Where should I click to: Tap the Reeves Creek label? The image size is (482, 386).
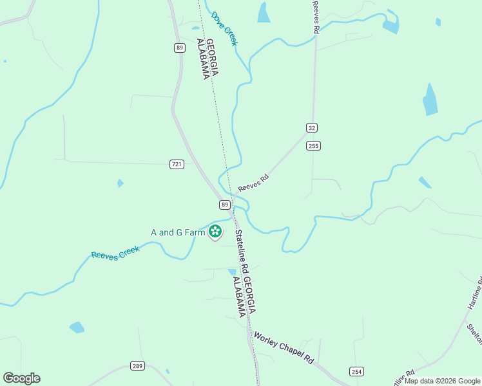coord(115,252)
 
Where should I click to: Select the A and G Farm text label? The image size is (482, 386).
coord(173,232)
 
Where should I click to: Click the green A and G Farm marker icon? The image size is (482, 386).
coord(215,231)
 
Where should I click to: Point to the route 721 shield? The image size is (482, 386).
coord(177,164)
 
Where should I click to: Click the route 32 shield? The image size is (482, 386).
coord(312,127)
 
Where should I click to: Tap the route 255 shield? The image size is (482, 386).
coord(314,146)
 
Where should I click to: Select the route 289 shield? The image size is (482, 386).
coord(137,365)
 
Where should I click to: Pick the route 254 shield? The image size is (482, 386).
coord(356,371)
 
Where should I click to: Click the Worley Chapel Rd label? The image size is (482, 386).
coord(283,349)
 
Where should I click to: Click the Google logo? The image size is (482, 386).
coord(21,378)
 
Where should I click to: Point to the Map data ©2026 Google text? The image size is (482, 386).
coord(442,381)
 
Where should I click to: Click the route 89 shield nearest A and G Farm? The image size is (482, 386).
coord(224,205)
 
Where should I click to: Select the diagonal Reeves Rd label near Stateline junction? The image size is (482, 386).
coord(253,183)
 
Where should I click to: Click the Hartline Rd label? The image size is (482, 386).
coord(475,293)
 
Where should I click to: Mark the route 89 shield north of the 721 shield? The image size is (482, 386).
coord(180,47)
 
